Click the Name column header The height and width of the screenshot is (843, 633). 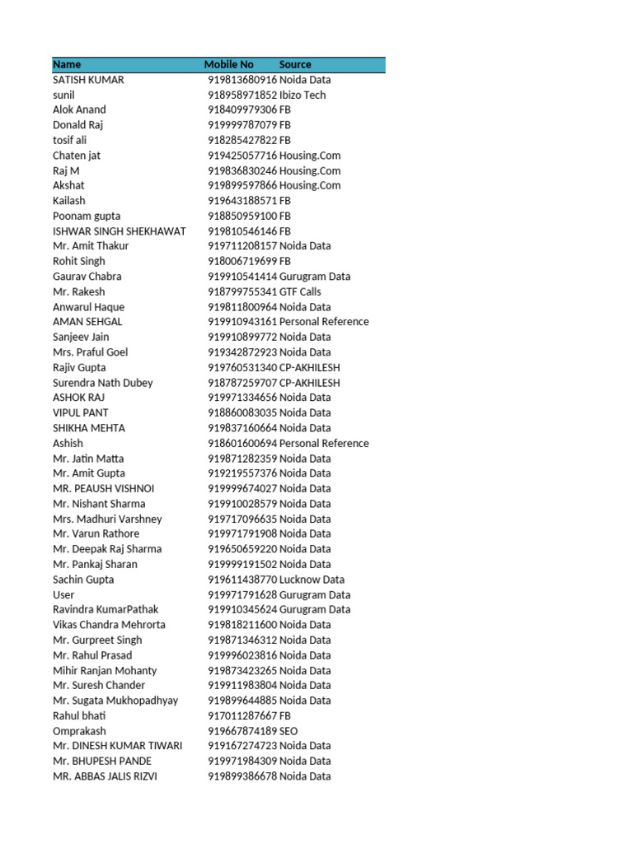tap(67, 64)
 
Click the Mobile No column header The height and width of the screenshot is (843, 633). tap(229, 64)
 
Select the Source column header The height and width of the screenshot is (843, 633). tap(295, 64)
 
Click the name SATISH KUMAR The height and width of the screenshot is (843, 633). tap(88, 80)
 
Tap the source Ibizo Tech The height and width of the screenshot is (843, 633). tap(302, 95)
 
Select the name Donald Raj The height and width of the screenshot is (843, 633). tap(77, 125)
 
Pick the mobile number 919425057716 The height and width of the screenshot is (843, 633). tap(242, 156)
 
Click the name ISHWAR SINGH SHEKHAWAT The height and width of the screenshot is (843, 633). tap(120, 231)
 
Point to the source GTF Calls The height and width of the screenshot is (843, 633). tap(300, 291)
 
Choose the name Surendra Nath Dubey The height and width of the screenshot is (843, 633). tap(102, 383)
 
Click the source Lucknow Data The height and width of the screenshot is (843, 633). tap(312, 580)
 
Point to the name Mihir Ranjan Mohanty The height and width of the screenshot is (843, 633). tap(105, 670)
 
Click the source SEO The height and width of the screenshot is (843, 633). tap(288, 731)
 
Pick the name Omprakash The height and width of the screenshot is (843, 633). tap(79, 731)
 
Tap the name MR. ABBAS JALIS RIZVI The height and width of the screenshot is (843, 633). tap(105, 776)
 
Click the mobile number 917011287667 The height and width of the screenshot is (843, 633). tap(242, 716)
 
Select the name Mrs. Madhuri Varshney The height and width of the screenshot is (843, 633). tap(107, 519)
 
